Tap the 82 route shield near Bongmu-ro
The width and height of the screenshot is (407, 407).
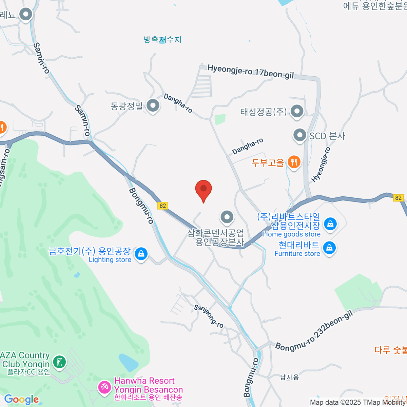tap(163, 206)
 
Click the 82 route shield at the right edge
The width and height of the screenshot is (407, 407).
tap(398, 198)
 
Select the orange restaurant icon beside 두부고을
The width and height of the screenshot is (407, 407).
tap(294, 162)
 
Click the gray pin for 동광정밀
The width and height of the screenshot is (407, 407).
tap(153, 105)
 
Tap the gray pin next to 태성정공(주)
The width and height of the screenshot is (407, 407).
tap(297, 111)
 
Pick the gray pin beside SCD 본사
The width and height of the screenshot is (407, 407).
tap(300, 135)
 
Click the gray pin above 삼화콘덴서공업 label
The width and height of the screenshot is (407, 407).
tap(227, 217)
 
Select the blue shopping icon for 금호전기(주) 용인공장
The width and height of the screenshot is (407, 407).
tap(141, 254)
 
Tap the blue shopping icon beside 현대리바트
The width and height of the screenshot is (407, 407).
tap(329, 248)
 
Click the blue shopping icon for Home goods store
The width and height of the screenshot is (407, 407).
tap(330, 224)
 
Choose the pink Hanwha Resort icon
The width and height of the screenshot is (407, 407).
tap(104, 387)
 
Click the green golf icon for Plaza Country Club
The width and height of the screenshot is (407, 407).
tap(60, 362)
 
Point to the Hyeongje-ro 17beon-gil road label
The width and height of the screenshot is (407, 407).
tap(250, 72)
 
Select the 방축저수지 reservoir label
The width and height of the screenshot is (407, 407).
tap(163, 40)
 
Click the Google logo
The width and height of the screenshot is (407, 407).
tap(21, 400)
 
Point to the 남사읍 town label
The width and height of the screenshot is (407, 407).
tap(289, 377)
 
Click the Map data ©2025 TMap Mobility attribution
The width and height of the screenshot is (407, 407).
tap(358, 403)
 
